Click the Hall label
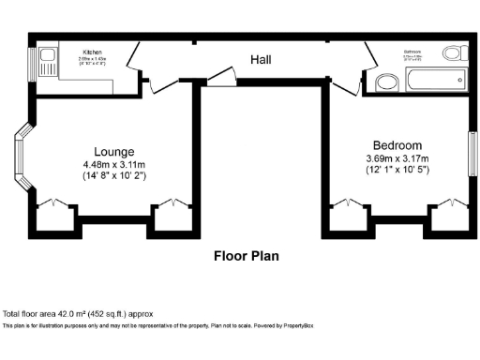tap(261, 60)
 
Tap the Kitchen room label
tap(93, 52)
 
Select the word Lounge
tap(113, 151)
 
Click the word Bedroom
tap(397, 145)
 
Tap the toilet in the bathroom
tap(455, 53)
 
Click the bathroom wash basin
tap(386, 83)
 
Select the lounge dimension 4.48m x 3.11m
tap(113, 164)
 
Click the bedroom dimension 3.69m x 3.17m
tap(397, 158)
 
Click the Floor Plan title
tap(246, 255)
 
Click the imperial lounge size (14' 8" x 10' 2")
tap(113, 176)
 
